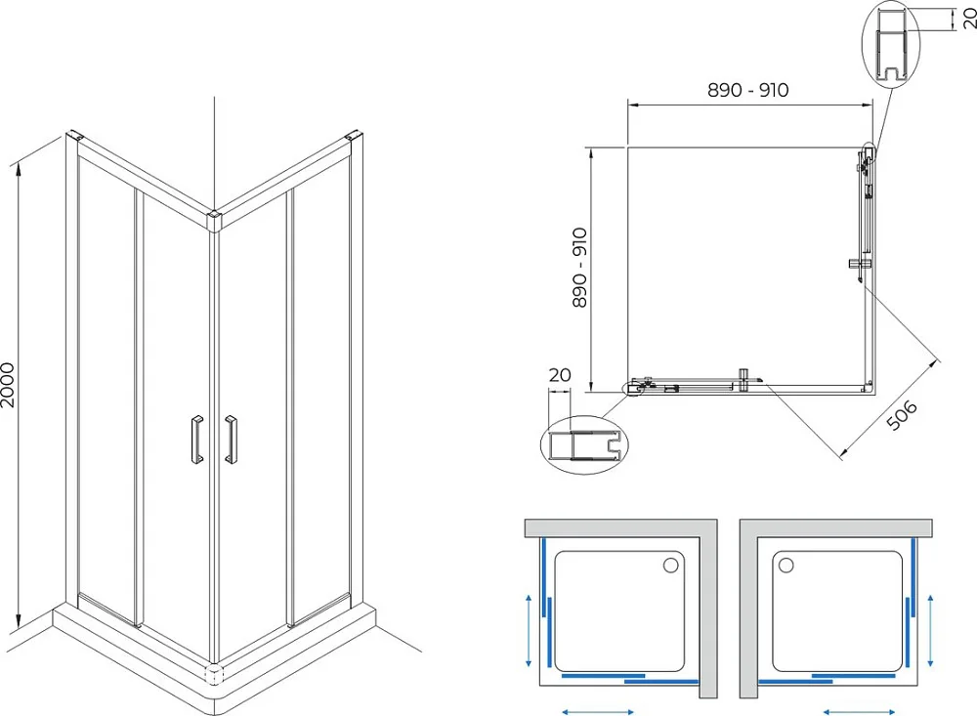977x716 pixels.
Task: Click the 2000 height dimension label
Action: (x=8, y=385)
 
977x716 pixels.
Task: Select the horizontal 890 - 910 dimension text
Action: (x=747, y=91)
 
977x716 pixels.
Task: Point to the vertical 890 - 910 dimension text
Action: (x=579, y=268)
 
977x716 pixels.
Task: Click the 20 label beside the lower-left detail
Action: (x=560, y=374)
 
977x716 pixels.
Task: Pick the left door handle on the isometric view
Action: (x=197, y=440)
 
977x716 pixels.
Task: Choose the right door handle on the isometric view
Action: (x=231, y=440)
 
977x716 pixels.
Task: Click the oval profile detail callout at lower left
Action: (x=584, y=444)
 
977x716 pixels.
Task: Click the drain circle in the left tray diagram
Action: (x=670, y=566)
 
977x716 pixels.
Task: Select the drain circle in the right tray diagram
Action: (x=786, y=566)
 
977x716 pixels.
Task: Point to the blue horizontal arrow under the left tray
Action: (x=598, y=712)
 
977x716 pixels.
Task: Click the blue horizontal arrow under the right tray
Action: (x=859, y=712)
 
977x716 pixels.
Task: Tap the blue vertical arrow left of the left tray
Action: (x=529, y=631)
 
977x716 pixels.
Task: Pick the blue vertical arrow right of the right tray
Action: (x=930, y=631)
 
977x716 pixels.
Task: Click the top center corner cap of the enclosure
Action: (x=215, y=221)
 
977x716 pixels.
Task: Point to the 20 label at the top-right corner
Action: (x=970, y=19)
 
